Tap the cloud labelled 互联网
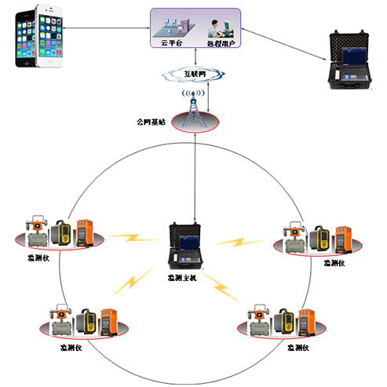coord(195,73)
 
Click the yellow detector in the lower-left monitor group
coord(90,323)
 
